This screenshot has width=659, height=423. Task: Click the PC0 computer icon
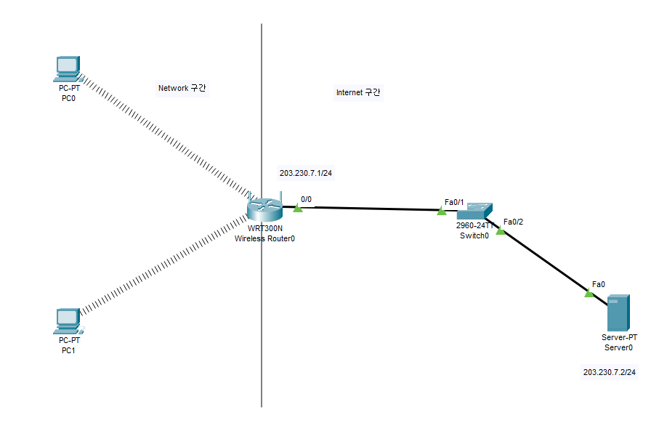(67, 68)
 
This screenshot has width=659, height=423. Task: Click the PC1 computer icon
(67, 321)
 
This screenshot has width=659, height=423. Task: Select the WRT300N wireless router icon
(263, 208)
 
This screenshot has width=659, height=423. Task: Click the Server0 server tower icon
(618, 313)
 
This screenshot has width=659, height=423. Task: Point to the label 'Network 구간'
(183, 88)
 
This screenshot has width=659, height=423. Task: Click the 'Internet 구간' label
(358, 92)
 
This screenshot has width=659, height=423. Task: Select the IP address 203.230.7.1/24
(310, 174)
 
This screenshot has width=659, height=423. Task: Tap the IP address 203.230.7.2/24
(609, 372)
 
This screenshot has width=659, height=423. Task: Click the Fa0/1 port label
(454, 201)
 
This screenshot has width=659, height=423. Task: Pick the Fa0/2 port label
(513, 222)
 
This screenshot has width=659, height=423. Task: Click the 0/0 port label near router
(306, 198)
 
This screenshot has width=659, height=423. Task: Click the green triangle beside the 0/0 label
(298, 209)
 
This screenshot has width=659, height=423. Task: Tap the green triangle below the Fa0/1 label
(441, 211)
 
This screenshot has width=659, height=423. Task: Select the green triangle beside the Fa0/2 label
(500, 231)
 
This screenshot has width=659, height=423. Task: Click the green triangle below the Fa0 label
(589, 293)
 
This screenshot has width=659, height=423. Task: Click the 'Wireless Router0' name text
(264, 238)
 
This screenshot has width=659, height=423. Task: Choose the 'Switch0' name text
(474, 235)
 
